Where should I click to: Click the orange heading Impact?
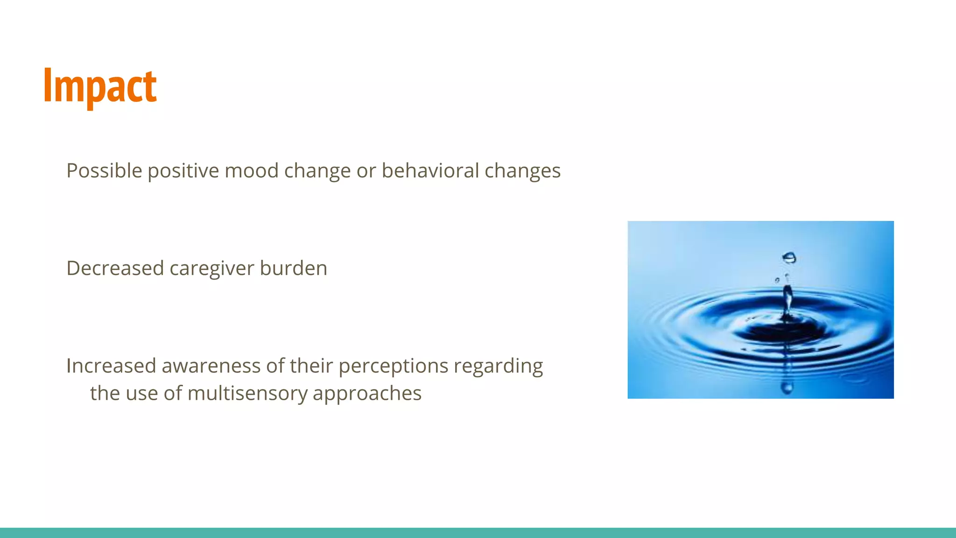pyautogui.click(x=100, y=86)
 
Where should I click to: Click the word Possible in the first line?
pyautogui.click(x=104, y=171)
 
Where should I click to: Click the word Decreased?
pyautogui.click(x=115, y=269)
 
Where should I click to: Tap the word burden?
pyautogui.click(x=293, y=269)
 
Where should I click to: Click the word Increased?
pyautogui.click(x=111, y=366)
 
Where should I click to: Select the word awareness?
pyautogui.click(x=211, y=366)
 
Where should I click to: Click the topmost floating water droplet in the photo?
pyautogui.click(x=789, y=258)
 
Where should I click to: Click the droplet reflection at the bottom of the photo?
pyautogui.click(x=787, y=387)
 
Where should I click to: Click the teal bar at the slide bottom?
pyautogui.click(x=478, y=533)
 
